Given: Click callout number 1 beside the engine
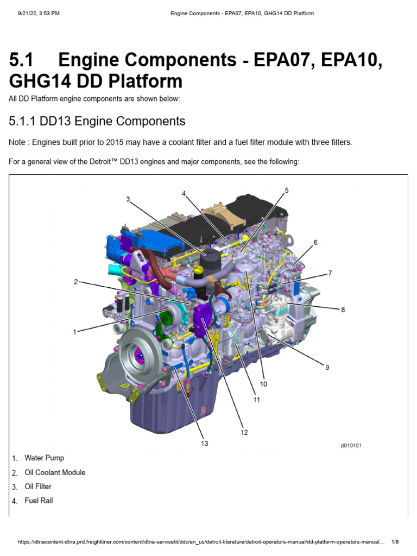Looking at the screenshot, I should (x=74, y=332).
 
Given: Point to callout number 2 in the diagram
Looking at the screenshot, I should (x=77, y=282).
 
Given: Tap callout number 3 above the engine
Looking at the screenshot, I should (x=128, y=199).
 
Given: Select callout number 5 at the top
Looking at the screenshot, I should (x=287, y=190).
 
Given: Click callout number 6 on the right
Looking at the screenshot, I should (x=315, y=242).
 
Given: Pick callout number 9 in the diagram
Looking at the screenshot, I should (x=327, y=368).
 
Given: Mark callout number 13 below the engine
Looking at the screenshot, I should (x=204, y=444).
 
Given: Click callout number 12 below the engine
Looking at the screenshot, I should (x=244, y=432).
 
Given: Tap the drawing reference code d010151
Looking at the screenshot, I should (x=351, y=446).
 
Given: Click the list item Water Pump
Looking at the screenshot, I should (x=44, y=458).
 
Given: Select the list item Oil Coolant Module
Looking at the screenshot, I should (x=55, y=472).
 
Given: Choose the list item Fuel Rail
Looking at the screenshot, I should (x=39, y=501).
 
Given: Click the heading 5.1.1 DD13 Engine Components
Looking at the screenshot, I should (x=97, y=121).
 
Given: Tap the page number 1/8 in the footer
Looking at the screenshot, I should (x=395, y=542).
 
